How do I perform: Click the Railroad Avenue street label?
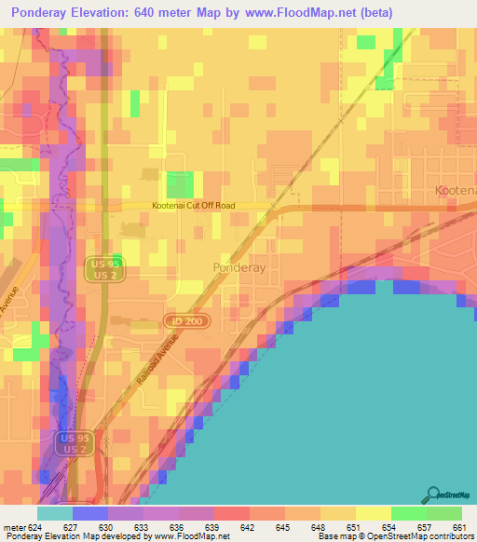(177, 364)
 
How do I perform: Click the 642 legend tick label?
(248, 526)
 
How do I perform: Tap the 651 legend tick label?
(353, 526)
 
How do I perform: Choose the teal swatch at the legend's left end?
(54, 513)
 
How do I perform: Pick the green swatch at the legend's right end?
(443, 513)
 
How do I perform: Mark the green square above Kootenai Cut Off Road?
(180, 184)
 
